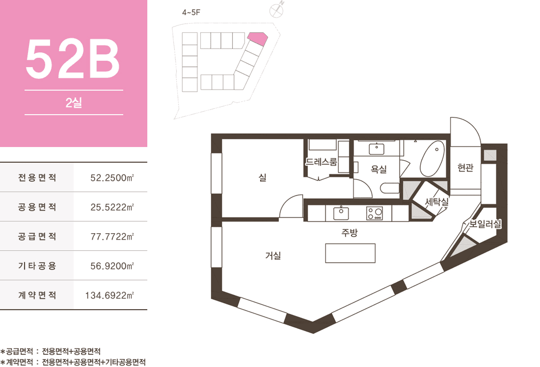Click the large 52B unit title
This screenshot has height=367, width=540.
tap(73, 59)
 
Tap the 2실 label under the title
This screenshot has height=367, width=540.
tap(74, 103)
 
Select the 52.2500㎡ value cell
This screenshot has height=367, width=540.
tap(112, 178)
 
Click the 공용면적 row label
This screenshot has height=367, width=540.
tap(37, 207)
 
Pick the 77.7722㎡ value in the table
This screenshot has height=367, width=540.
tap(112, 237)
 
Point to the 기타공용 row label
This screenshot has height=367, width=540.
tap(37, 266)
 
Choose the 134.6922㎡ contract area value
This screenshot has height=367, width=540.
tap(109, 295)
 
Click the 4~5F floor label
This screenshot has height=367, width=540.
tap(191, 13)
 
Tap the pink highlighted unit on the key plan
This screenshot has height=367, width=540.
tap(257, 39)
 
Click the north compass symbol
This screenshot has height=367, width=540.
tap(276, 10)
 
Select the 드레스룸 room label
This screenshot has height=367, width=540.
tap(322, 162)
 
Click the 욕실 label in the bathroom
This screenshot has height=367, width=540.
tap(378, 169)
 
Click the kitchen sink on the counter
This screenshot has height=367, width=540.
tap(341, 213)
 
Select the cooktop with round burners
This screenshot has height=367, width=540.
tap(375, 213)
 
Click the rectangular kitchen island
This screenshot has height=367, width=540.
tap(350, 253)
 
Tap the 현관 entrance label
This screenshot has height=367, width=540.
tap(465, 168)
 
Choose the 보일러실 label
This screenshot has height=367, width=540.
tap(485, 224)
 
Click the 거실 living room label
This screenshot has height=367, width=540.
tap(273, 255)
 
